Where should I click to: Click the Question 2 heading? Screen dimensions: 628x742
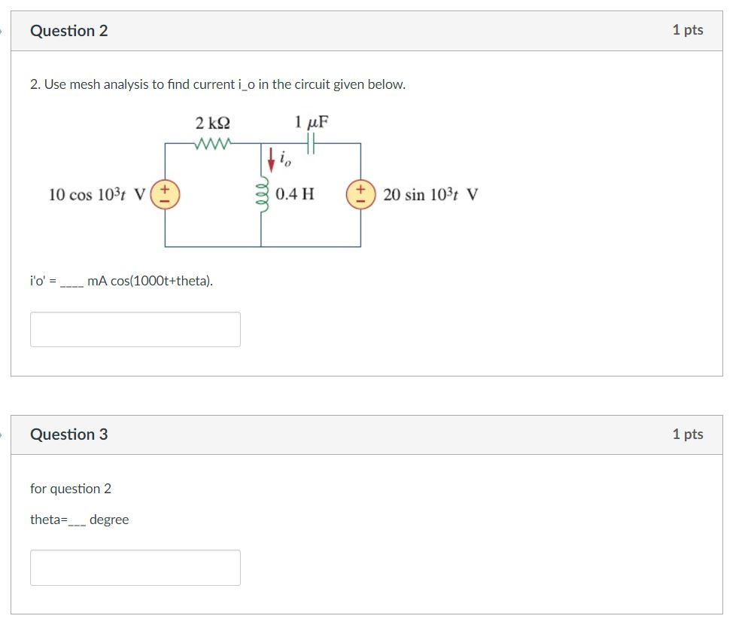tap(68, 31)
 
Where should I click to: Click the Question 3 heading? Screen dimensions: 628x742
tap(68, 434)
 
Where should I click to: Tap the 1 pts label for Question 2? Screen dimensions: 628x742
tap(687, 30)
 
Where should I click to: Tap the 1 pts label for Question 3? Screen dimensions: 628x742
tap(687, 434)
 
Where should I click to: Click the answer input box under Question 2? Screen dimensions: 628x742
tap(135, 329)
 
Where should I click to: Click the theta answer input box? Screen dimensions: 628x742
tap(135, 567)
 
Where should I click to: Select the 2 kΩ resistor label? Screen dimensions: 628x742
tap(212, 123)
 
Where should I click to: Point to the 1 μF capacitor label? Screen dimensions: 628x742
tap(312, 122)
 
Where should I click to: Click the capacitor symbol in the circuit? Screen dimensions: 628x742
tap(312, 143)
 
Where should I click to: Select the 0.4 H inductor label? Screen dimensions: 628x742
tap(295, 194)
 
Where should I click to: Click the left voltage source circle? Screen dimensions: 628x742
tap(166, 194)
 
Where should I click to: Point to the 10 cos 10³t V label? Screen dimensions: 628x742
tap(96, 195)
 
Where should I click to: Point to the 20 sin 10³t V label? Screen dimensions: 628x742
tap(430, 195)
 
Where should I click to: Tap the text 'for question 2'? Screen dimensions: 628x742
tap(71, 489)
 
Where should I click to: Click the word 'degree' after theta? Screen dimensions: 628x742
tap(109, 520)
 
